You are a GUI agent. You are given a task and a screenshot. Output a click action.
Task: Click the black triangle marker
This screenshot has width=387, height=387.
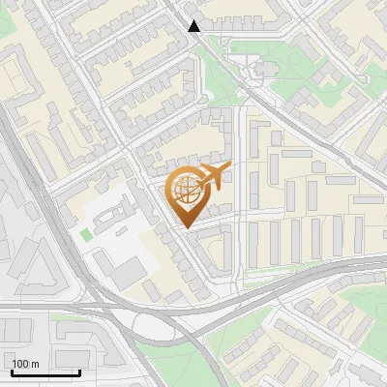(x=194, y=25)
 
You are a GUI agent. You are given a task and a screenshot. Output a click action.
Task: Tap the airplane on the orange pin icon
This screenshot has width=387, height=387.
(x=214, y=175)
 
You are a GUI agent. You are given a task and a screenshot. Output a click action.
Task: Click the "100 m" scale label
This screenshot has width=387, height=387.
(x=25, y=364)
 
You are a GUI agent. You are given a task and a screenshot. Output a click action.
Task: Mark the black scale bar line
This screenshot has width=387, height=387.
(x=45, y=372)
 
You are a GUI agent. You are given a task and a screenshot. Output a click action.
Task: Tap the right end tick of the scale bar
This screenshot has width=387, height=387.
(x=79, y=371)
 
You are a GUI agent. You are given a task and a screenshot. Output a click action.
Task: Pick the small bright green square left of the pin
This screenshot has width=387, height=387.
(x=86, y=234)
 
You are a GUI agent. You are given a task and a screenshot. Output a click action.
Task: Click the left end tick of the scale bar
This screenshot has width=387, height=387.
(x=12, y=371)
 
